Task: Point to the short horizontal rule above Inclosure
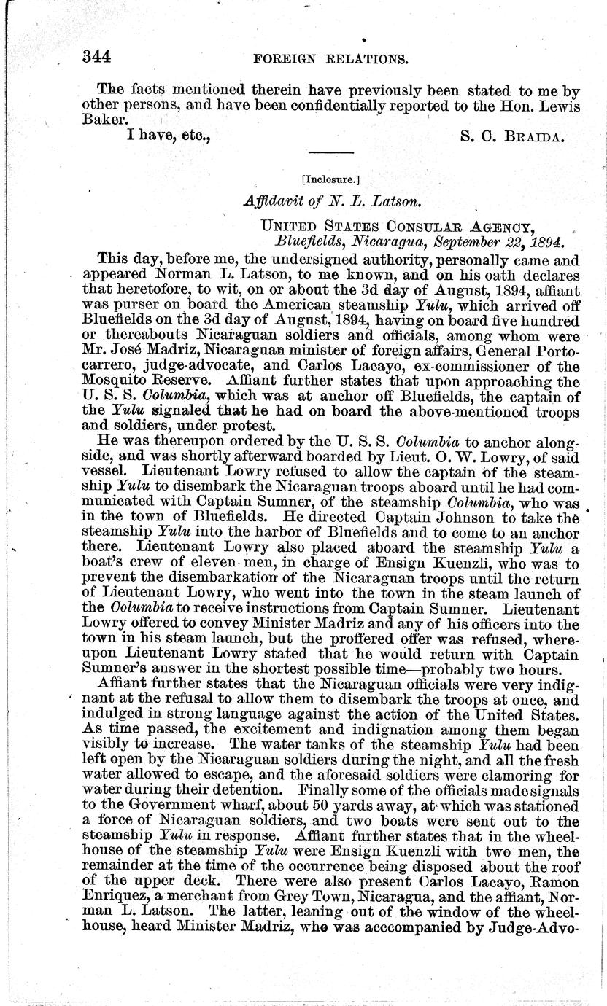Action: pyautogui.click(x=331, y=152)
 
